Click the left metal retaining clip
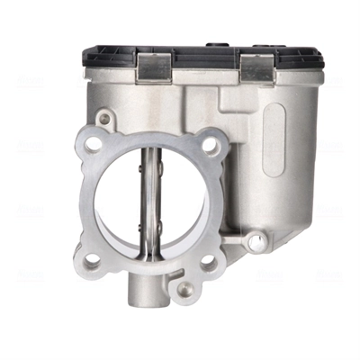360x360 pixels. click(155, 66)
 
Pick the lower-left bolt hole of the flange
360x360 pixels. click(92, 262)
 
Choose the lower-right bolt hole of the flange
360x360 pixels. click(210, 263)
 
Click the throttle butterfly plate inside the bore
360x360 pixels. click(148, 203)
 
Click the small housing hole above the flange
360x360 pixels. click(105, 118)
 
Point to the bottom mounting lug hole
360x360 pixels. click(184, 290)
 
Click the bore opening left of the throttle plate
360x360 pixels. click(115, 203)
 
